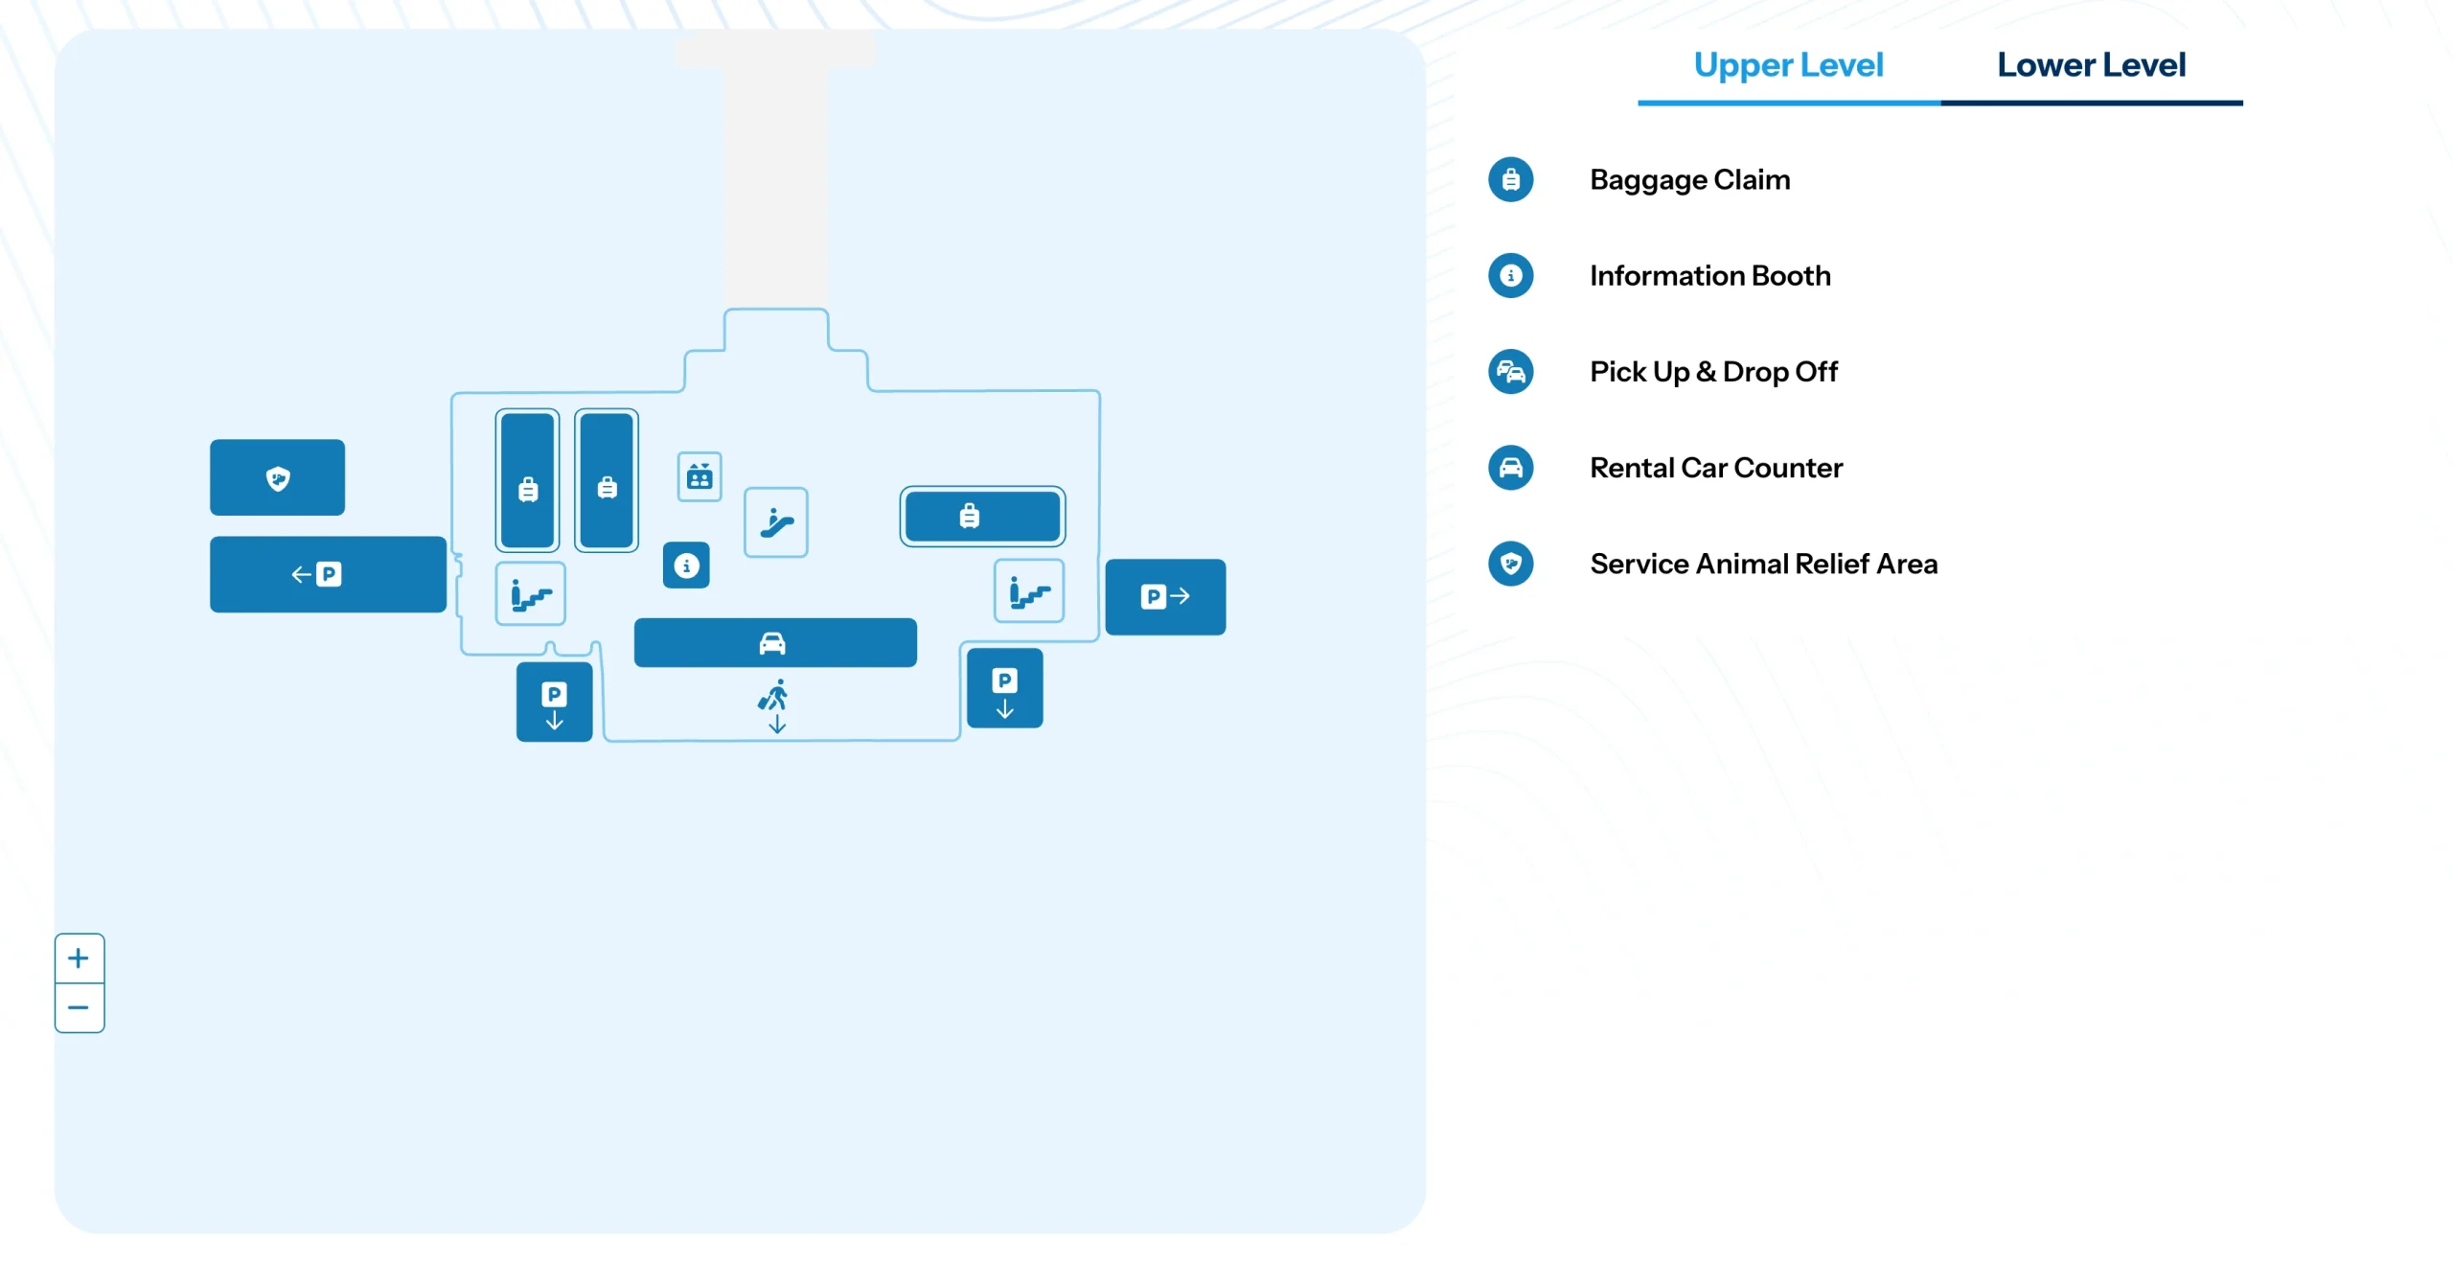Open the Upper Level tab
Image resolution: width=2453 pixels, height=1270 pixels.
(x=1788, y=65)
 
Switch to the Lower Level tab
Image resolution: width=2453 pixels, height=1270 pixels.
(x=2091, y=65)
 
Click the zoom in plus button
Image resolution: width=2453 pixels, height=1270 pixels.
(x=79, y=958)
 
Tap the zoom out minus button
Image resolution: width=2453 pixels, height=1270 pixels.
(x=79, y=1007)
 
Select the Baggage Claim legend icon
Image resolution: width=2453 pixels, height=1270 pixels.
(x=1510, y=179)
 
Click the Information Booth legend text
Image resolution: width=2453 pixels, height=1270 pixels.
(x=1709, y=276)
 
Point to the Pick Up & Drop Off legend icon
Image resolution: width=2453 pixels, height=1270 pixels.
(x=1510, y=372)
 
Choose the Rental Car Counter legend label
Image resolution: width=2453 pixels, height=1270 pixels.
(x=1715, y=468)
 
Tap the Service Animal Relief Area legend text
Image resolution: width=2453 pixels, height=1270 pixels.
(x=1763, y=564)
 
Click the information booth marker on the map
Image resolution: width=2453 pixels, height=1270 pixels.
(x=686, y=566)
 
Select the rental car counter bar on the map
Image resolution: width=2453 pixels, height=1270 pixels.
(x=774, y=642)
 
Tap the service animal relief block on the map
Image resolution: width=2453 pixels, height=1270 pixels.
(x=277, y=477)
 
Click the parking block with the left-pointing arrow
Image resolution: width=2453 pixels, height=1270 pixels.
(x=328, y=574)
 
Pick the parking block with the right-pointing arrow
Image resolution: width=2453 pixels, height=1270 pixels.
(x=1165, y=596)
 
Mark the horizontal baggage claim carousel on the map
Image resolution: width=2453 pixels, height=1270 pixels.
(x=982, y=516)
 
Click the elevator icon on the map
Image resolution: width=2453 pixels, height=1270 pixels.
(x=699, y=476)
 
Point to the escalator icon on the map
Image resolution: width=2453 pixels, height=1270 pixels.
(x=776, y=522)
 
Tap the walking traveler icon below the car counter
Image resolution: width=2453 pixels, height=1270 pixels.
(x=774, y=704)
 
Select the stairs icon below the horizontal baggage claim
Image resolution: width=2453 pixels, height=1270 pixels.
(x=1029, y=591)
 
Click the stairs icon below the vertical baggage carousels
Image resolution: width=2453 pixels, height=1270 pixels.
(x=530, y=594)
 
